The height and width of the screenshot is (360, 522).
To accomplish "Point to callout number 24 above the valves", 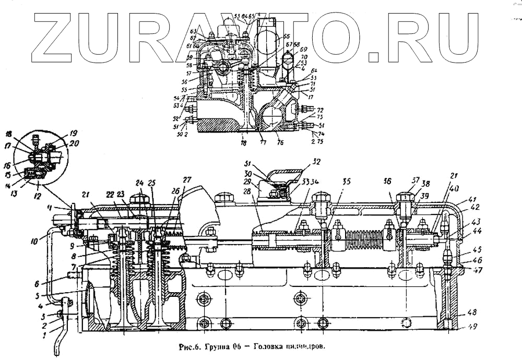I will (139, 183).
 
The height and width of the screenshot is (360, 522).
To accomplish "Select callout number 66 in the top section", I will (286, 38).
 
